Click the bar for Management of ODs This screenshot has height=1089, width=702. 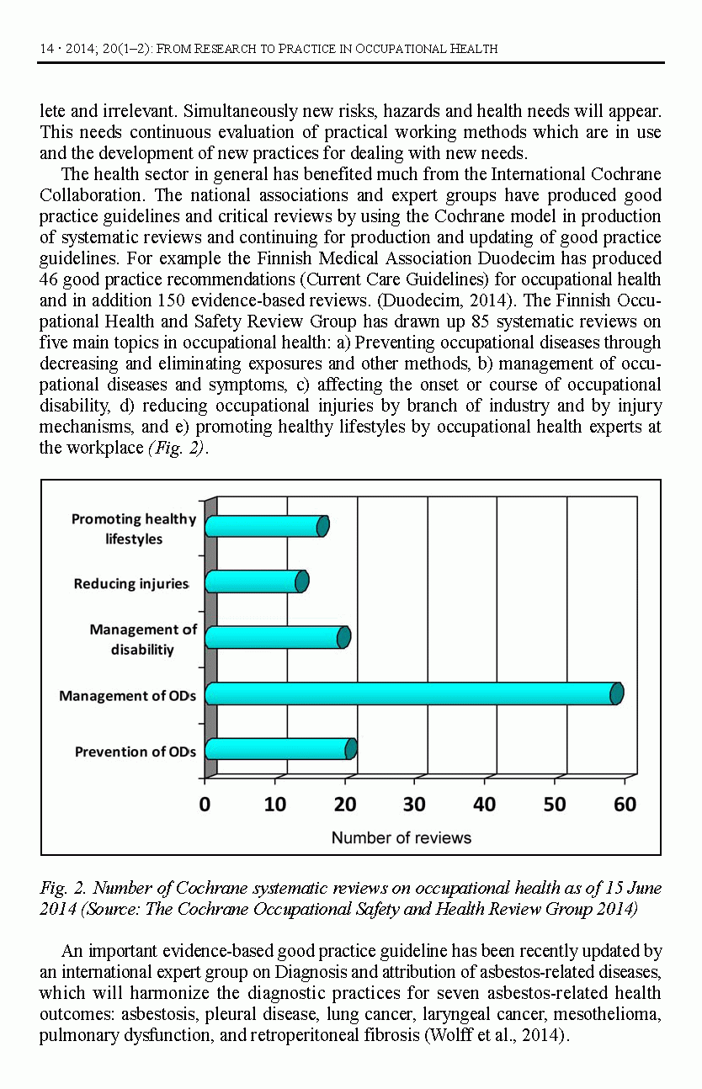412,693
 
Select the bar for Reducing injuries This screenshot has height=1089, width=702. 255,582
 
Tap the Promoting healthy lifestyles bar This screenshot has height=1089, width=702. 265,526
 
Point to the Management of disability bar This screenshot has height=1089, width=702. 276,637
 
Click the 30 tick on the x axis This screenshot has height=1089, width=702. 414,805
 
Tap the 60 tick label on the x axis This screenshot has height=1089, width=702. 624,805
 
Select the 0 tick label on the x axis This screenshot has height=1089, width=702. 205,805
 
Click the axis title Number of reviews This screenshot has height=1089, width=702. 402,838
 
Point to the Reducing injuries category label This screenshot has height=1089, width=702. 131,583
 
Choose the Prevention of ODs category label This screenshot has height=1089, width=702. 136,751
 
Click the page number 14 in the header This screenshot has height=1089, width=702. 47,49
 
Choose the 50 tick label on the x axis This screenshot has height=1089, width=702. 554,805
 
